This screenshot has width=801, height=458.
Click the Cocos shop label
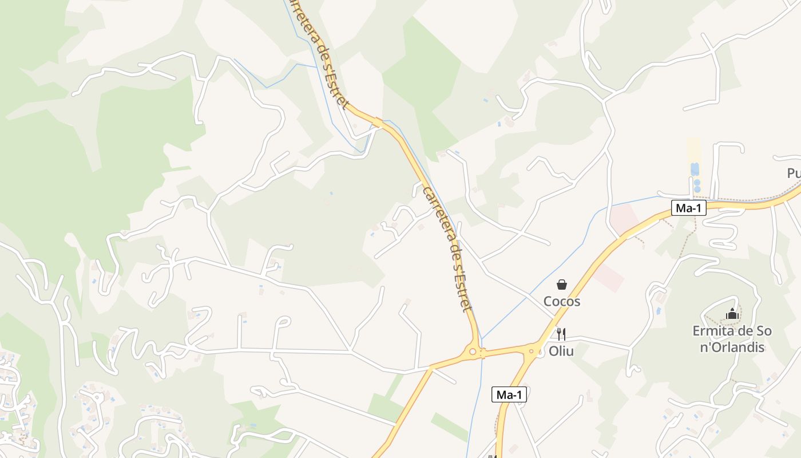(x=562, y=301)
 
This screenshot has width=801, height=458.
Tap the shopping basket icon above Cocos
(x=562, y=285)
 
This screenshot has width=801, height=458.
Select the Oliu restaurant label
(x=561, y=351)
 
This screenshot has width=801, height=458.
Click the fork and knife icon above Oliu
(x=561, y=334)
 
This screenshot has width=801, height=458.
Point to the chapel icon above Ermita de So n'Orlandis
(x=732, y=314)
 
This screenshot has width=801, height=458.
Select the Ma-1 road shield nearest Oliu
(x=509, y=394)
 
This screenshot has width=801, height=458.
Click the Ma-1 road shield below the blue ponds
(x=689, y=208)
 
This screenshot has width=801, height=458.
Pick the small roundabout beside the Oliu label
(x=532, y=351)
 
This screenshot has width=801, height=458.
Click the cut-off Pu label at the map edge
(x=793, y=173)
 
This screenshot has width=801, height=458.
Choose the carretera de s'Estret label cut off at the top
(x=317, y=52)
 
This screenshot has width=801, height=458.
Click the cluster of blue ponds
(x=695, y=176)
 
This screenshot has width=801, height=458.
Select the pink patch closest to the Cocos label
(x=608, y=277)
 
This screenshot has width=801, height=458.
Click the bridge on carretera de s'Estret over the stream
(x=378, y=122)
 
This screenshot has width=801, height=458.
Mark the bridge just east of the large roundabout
(x=482, y=353)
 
